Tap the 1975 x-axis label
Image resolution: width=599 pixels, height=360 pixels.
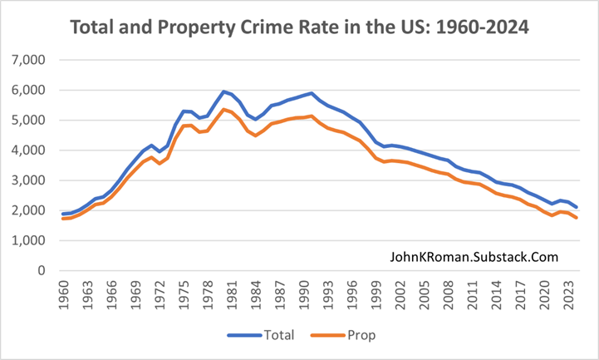pyautogui.click(x=186, y=294)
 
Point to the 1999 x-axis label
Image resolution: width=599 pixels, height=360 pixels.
pyautogui.click(x=381, y=294)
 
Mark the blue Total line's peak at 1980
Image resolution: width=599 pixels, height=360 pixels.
pyautogui.click(x=223, y=91)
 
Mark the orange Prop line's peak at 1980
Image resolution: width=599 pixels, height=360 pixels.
pyautogui.click(x=223, y=109)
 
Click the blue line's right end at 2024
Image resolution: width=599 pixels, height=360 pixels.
pyautogui.click(x=578, y=207)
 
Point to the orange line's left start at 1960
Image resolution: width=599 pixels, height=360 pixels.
pyautogui.click(x=62, y=219)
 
